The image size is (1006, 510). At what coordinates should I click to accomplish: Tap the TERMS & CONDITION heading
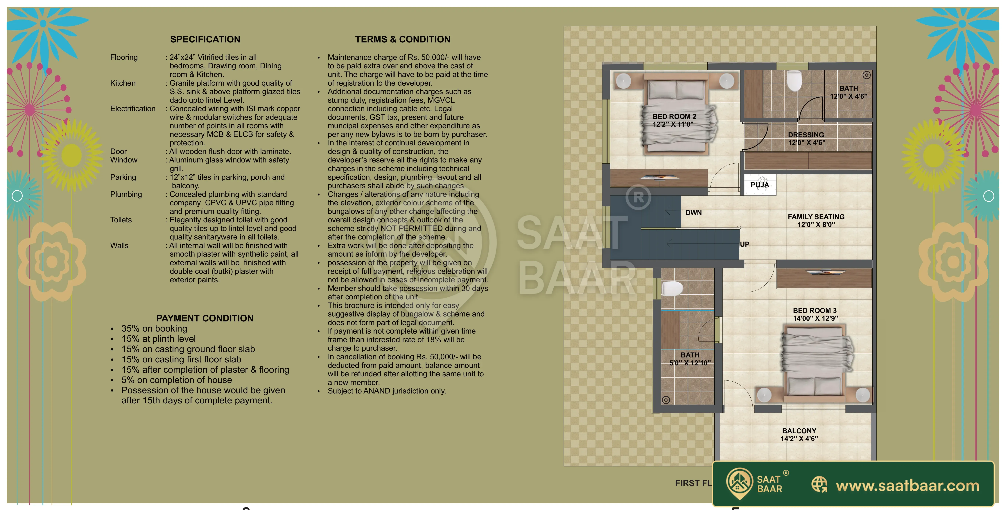pyautogui.click(x=403, y=40)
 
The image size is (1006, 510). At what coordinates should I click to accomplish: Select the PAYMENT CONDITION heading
pyautogui.click(x=205, y=318)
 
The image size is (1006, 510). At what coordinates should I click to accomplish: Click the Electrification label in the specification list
pyautogui.click(x=133, y=109)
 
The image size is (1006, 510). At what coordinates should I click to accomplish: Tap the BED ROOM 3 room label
pyautogui.click(x=815, y=310)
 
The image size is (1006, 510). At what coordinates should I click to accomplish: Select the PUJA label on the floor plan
pyautogui.click(x=760, y=185)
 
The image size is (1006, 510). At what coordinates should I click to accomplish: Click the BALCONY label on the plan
pyautogui.click(x=799, y=431)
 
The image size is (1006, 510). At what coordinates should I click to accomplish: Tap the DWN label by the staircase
pyautogui.click(x=694, y=212)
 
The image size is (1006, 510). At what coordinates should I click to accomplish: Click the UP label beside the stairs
pyautogui.click(x=745, y=244)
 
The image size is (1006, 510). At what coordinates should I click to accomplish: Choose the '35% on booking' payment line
pyautogui.click(x=154, y=328)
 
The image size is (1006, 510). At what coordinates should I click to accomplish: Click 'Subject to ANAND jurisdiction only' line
pyautogui.click(x=387, y=391)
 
